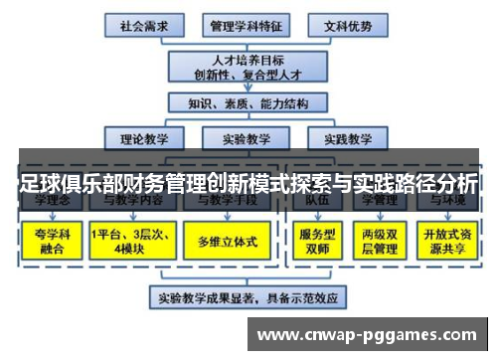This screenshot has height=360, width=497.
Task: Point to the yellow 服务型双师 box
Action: (314, 241)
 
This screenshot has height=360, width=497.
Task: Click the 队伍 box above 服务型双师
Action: (314, 202)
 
